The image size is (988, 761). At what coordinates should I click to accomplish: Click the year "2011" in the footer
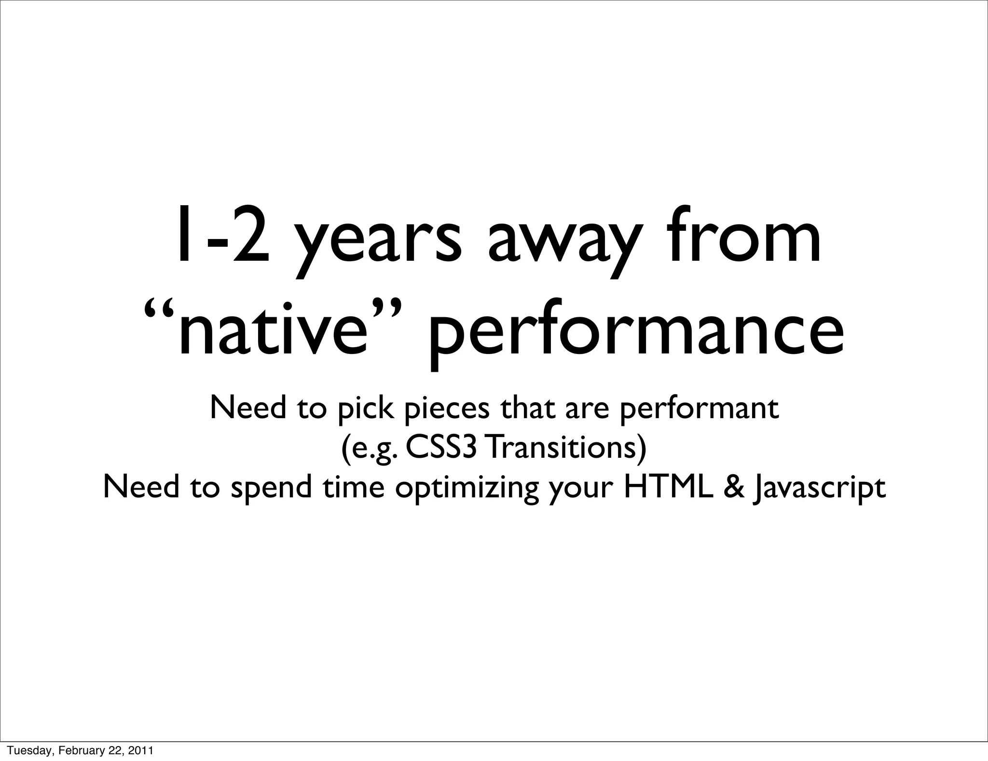142,750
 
